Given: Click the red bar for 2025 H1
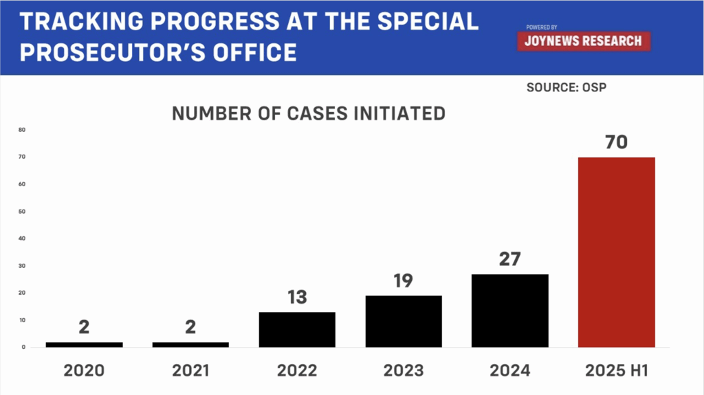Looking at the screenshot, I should tap(616, 252).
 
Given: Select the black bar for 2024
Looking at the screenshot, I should tap(509, 311).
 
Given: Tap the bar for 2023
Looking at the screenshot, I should tap(404, 321).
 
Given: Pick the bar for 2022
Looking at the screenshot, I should tap(297, 330).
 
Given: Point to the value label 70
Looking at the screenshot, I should tap(616, 143).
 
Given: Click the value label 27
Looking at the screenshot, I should tap(509, 260).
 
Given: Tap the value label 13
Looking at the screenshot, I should tap(297, 297).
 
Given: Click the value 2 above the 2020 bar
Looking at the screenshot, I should tap(84, 326).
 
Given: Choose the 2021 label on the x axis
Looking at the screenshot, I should tap(190, 370).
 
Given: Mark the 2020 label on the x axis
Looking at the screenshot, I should tap(84, 370).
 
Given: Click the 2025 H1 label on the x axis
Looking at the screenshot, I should tap(616, 370).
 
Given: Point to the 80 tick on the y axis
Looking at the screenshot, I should tap(22, 130).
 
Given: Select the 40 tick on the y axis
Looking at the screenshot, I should tap(22, 238).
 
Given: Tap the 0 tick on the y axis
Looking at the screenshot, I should tap(23, 347).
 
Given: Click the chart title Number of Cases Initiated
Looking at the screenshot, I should tap(309, 113).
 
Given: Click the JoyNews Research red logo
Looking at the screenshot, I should tap(583, 41).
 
